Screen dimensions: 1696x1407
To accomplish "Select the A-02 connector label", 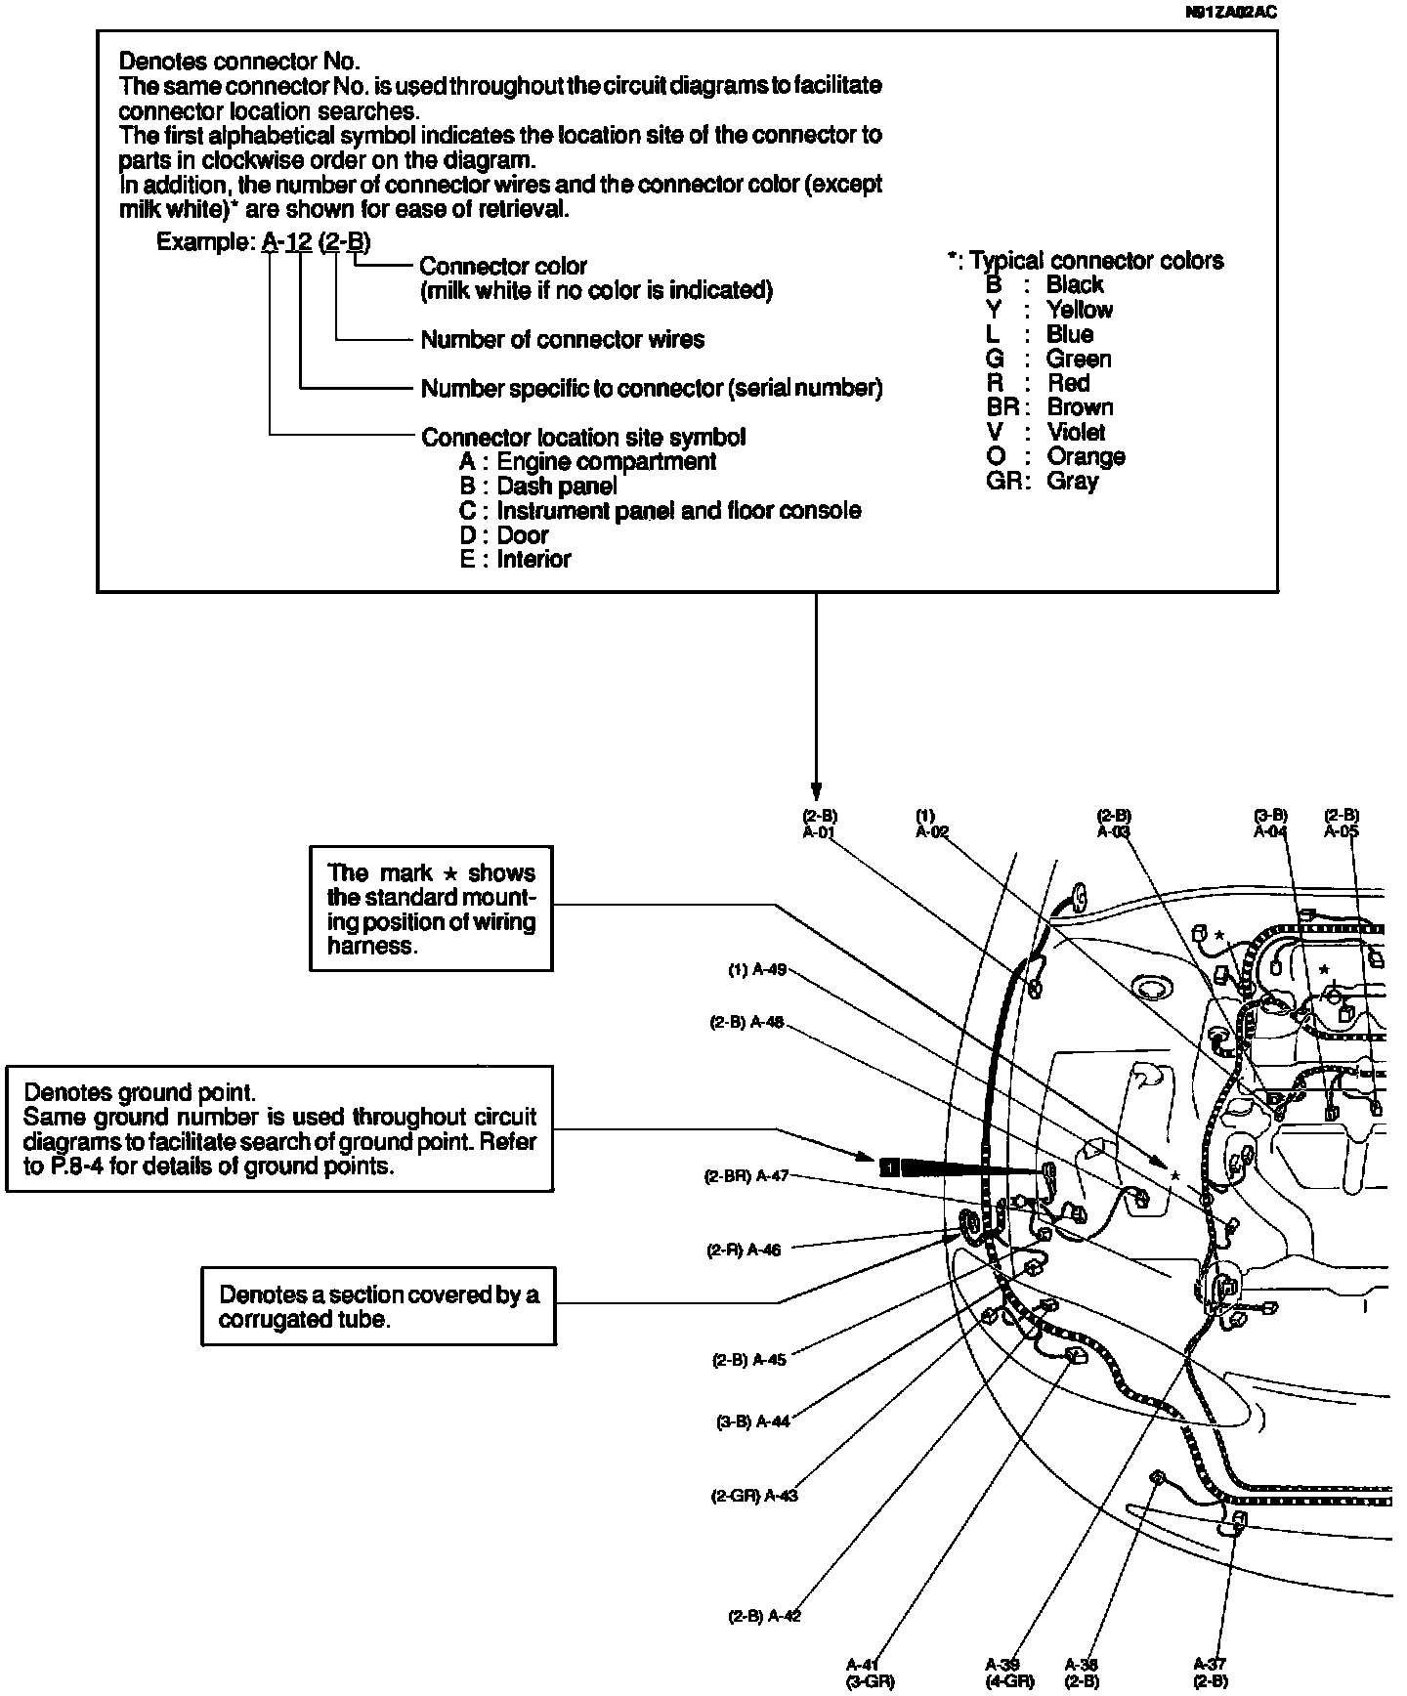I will click(931, 832).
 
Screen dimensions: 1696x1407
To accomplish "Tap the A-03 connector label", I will click(1114, 832).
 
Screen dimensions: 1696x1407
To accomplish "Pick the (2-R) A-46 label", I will click(744, 1250).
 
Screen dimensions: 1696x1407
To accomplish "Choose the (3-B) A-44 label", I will click(752, 1421).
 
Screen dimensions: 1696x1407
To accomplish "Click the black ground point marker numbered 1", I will click(888, 1166).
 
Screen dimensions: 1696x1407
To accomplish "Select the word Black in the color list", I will click(1075, 284).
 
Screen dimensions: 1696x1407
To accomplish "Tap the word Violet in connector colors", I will click(1076, 432).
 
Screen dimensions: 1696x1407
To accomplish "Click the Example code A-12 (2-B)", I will click(317, 242).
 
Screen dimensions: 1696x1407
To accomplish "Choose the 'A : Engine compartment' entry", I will click(588, 462).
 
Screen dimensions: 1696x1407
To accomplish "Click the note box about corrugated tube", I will click(377, 1307).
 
